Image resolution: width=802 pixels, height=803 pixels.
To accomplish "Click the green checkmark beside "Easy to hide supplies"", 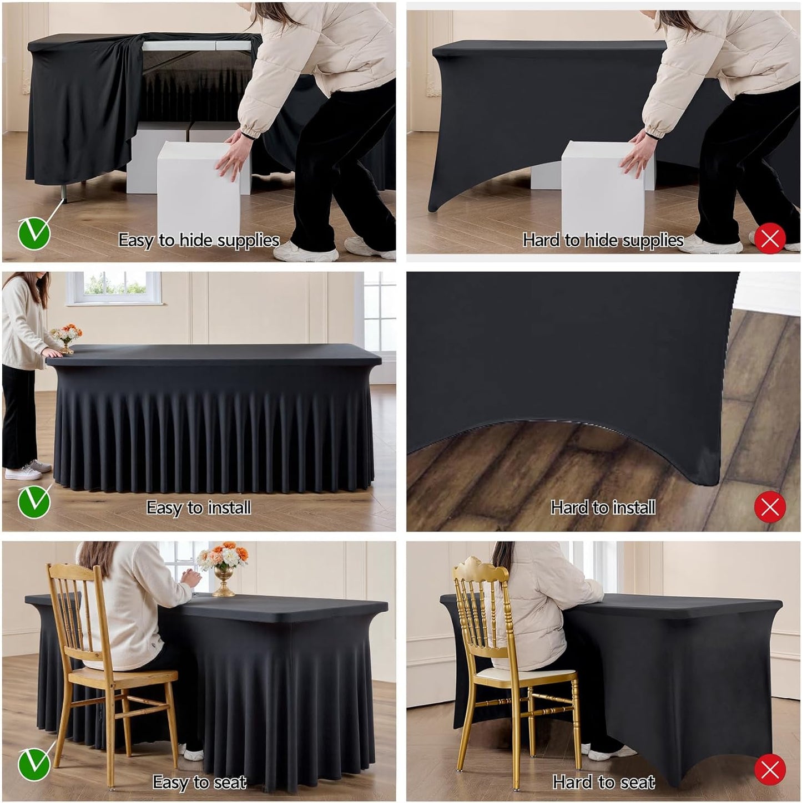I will coord(34,233).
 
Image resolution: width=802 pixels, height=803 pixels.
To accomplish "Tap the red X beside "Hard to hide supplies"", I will coord(770,238).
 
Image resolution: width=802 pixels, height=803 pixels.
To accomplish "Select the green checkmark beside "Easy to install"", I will coord(34,502).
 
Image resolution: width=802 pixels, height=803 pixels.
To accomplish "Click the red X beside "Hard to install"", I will coord(770,507).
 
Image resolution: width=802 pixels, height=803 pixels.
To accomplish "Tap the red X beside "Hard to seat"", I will coord(770,769).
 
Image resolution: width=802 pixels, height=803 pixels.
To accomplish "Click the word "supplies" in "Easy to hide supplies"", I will coord(248,240).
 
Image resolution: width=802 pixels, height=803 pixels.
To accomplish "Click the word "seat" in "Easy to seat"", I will coord(229,782).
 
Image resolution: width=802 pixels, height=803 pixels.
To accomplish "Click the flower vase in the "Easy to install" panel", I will coord(67,338).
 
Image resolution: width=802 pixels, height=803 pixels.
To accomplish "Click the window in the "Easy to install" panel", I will coord(114,287).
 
